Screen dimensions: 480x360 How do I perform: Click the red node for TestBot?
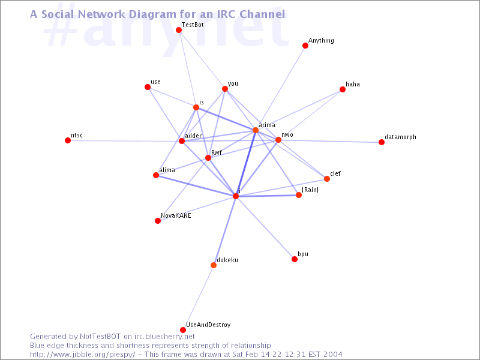[179, 30]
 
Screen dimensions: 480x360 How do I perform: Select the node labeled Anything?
[305, 46]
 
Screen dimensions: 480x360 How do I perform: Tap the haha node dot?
[343, 89]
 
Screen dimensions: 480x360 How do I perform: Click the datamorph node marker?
[382, 142]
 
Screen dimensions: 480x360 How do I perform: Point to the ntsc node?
[68, 140]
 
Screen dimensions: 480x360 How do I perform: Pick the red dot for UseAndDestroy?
[183, 330]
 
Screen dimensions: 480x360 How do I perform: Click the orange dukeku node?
[214, 265]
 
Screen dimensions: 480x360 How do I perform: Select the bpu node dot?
[295, 259]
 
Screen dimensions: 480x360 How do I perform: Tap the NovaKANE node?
[158, 221]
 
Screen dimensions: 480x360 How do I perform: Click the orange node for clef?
[327, 179]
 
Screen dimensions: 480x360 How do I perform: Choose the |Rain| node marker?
[299, 195]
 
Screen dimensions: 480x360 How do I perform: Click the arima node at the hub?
[256, 130]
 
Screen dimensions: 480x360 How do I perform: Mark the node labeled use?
[148, 87]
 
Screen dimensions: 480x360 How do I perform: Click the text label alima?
[167, 170]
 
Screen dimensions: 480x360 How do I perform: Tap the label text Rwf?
[217, 152]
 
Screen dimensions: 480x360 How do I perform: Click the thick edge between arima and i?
[245, 163]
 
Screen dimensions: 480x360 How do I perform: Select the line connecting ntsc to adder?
[125, 141]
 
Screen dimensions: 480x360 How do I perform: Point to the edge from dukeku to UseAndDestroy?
[199, 298]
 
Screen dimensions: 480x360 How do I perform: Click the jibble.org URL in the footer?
[83, 355]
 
